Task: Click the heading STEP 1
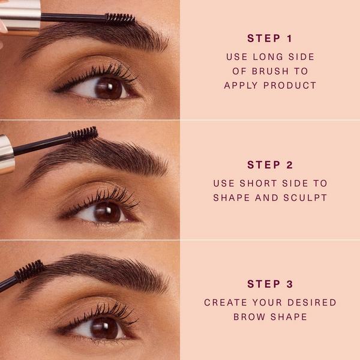pos(269,38)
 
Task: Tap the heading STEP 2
pos(269,164)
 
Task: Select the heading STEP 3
pos(269,284)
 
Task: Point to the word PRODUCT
pos(293,85)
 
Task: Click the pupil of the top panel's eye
pos(109,88)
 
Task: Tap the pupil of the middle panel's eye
pos(107,211)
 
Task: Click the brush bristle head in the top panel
pos(120,19)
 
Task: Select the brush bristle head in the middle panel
pos(83,134)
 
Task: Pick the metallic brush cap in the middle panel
pos(6,154)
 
